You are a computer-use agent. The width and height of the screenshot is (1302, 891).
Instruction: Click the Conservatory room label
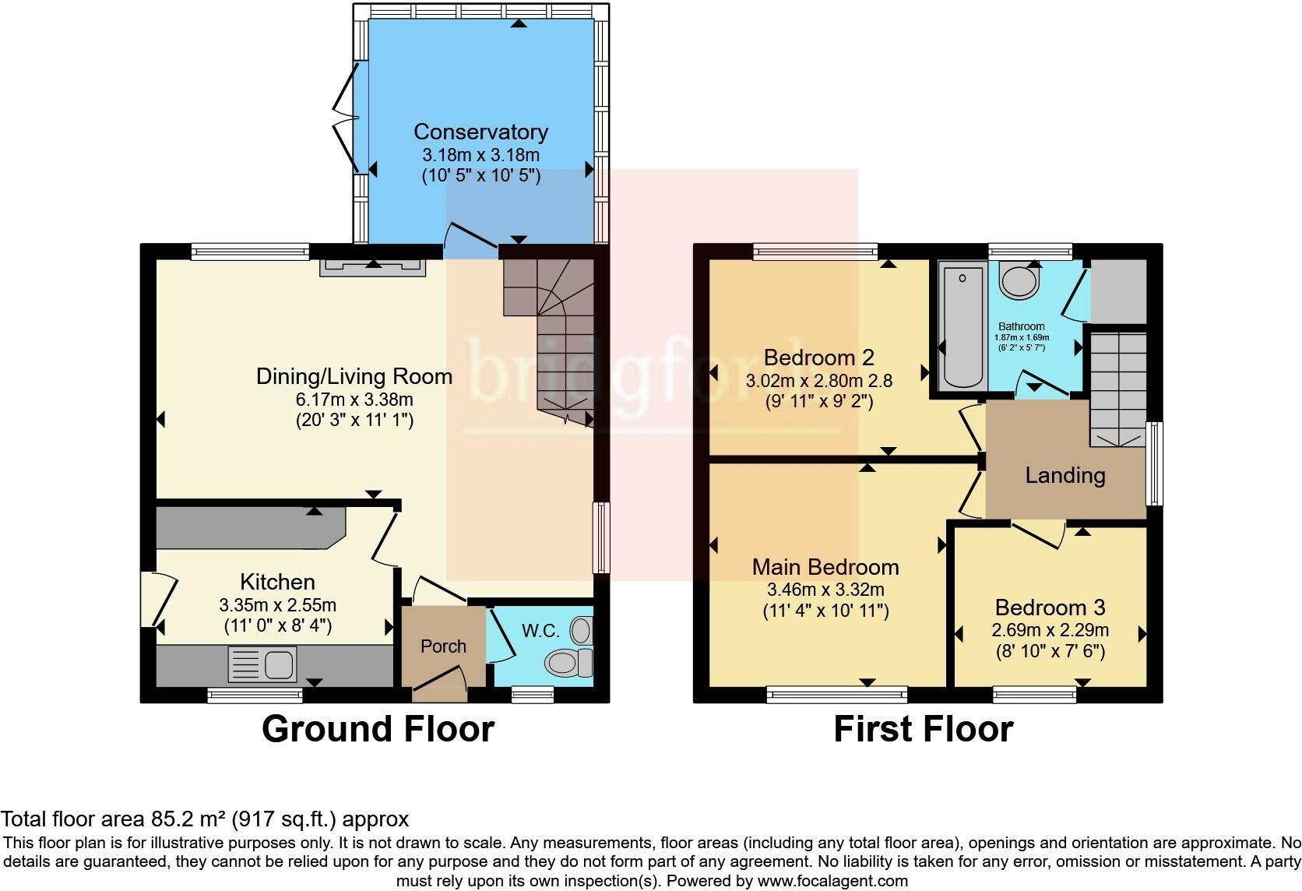(480, 132)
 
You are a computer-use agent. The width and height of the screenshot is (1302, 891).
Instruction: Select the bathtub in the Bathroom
(962, 326)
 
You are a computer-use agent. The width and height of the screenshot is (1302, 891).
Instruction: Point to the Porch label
(443, 646)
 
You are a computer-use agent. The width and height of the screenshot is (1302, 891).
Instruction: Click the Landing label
(1064, 475)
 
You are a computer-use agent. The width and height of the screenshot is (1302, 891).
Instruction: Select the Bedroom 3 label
(1050, 607)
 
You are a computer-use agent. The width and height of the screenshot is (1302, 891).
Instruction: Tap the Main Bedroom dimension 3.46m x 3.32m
(825, 590)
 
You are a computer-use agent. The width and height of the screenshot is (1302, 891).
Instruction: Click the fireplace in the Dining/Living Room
(375, 266)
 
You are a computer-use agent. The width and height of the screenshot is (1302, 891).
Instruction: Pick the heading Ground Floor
(378, 729)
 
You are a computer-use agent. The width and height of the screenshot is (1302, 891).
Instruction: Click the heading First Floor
(923, 729)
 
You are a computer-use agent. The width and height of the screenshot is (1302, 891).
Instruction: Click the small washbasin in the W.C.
(582, 629)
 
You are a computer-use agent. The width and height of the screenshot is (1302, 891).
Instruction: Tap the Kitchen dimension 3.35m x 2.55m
(277, 605)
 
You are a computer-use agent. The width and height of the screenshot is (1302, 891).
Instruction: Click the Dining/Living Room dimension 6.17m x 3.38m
(354, 400)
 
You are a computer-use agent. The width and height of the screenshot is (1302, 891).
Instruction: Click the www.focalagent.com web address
(832, 882)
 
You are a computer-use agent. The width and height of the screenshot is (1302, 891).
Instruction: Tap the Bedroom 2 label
(818, 357)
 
